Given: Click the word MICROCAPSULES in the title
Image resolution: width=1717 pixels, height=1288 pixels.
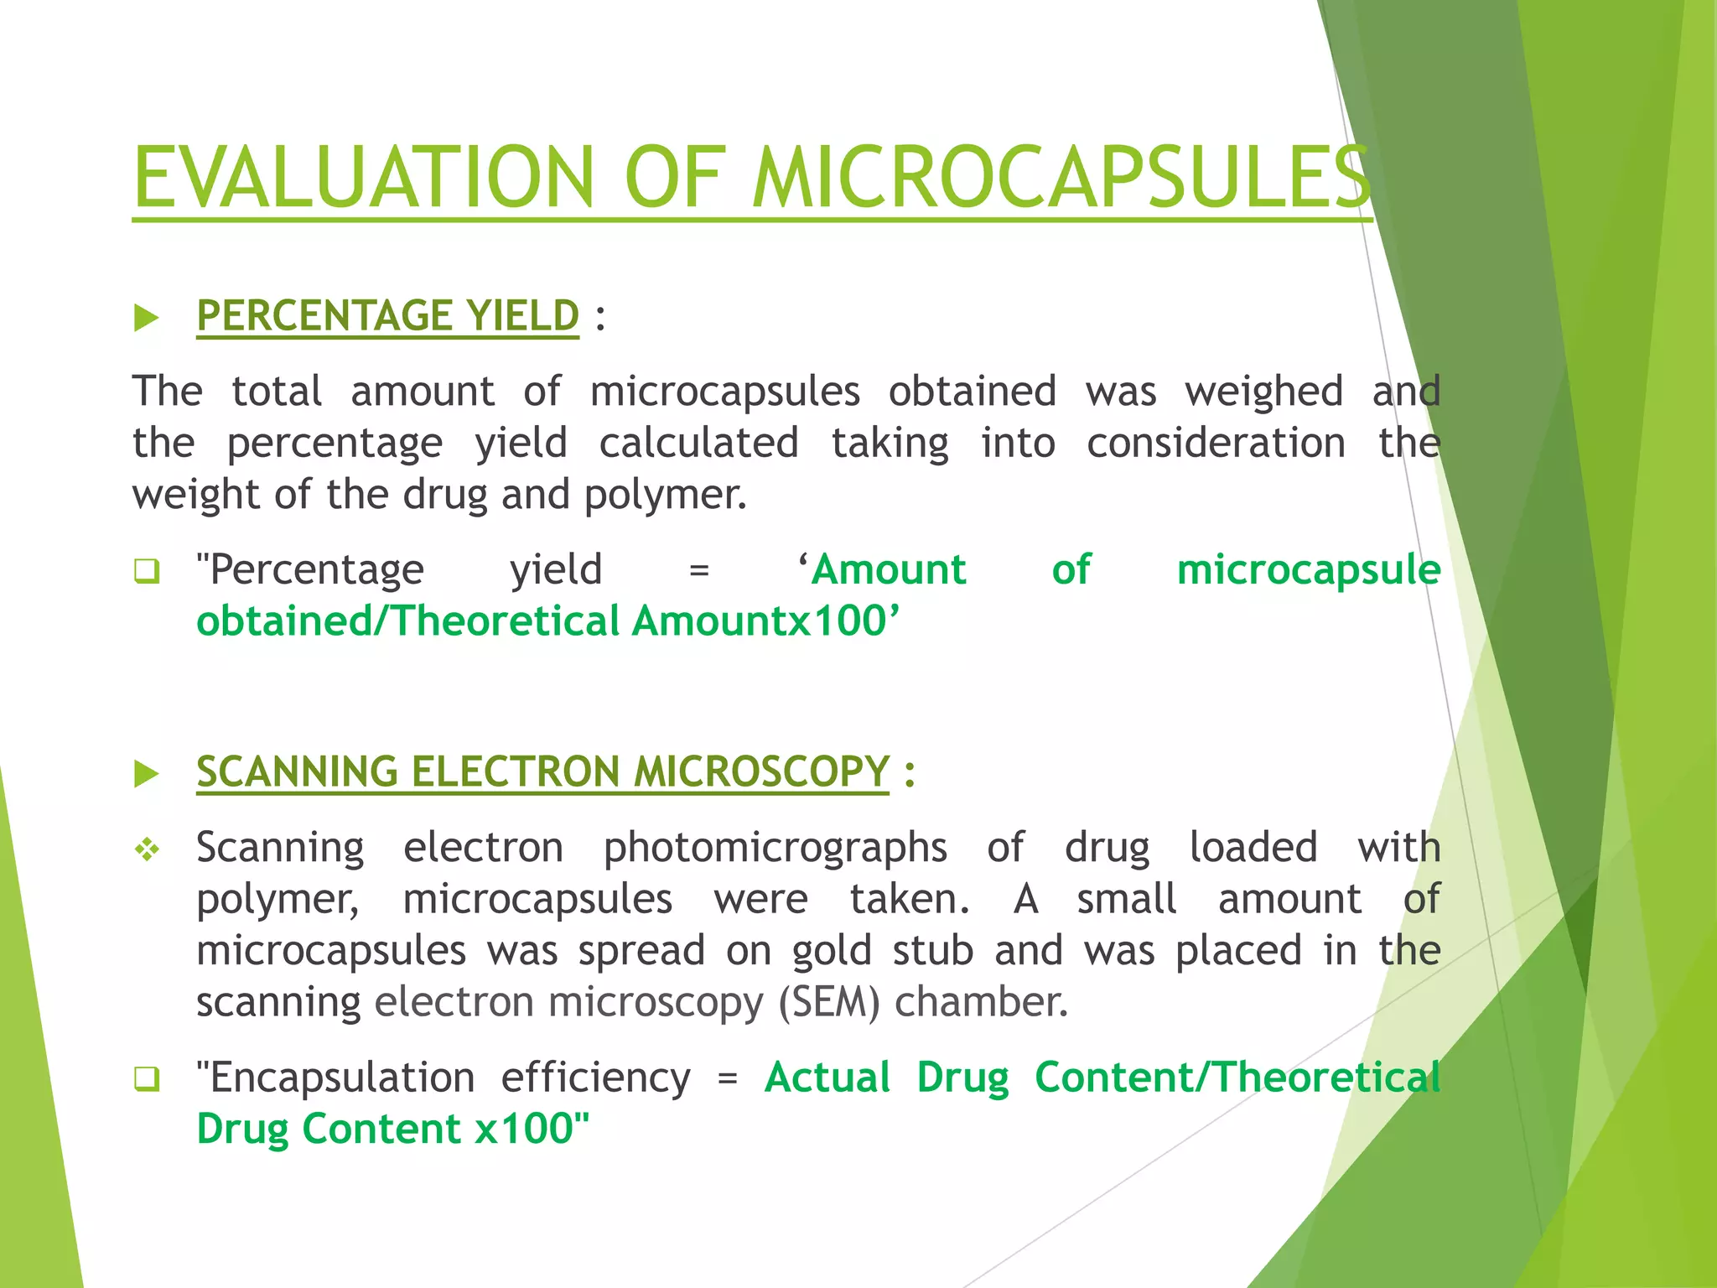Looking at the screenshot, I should (x=1061, y=178).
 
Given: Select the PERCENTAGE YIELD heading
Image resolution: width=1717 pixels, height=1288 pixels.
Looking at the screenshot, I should (x=387, y=316).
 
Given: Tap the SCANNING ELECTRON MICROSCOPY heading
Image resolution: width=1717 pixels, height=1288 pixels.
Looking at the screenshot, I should (x=542, y=771).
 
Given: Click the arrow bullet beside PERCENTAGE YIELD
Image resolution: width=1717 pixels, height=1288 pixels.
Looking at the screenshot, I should (x=147, y=318).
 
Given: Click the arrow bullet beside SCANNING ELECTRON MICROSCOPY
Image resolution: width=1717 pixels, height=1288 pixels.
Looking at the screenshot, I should (x=147, y=774).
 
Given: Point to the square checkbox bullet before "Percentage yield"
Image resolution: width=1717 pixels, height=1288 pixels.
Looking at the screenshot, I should (x=147, y=572).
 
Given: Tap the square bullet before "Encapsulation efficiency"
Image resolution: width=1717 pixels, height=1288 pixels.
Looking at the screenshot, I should (x=147, y=1079).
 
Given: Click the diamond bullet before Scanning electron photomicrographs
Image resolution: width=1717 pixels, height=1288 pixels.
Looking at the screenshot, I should (x=147, y=849).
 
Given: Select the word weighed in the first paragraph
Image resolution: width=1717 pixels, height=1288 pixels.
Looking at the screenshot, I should (x=1263, y=392).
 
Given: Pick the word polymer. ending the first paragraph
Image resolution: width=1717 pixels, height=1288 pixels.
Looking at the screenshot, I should (x=665, y=496).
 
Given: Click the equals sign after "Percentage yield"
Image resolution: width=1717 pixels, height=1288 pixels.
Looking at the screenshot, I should (x=698, y=571).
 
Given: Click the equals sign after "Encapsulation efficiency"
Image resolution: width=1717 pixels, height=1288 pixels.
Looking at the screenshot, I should (x=728, y=1078).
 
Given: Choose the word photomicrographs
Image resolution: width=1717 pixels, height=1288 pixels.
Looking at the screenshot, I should (x=776, y=848).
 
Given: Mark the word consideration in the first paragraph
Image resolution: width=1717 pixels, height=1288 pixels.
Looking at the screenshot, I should (x=1216, y=443).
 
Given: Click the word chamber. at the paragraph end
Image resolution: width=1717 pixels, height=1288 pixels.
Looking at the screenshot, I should (x=981, y=1002).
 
